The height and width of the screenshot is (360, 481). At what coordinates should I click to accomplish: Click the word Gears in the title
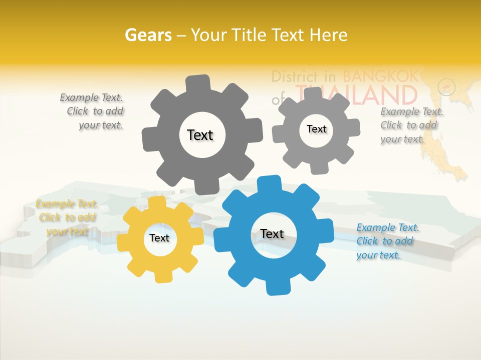[148, 35]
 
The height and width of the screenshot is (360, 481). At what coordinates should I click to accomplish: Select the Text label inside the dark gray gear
[200, 135]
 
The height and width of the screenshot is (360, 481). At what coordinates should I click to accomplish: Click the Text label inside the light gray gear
[316, 129]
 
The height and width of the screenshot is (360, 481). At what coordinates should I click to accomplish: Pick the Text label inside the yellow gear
[159, 238]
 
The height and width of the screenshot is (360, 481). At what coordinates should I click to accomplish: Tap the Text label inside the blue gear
[272, 233]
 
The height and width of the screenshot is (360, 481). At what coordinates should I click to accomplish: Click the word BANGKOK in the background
[381, 76]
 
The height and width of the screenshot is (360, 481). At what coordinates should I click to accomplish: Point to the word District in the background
[295, 76]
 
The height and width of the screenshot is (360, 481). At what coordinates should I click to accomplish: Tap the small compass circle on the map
[446, 87]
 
